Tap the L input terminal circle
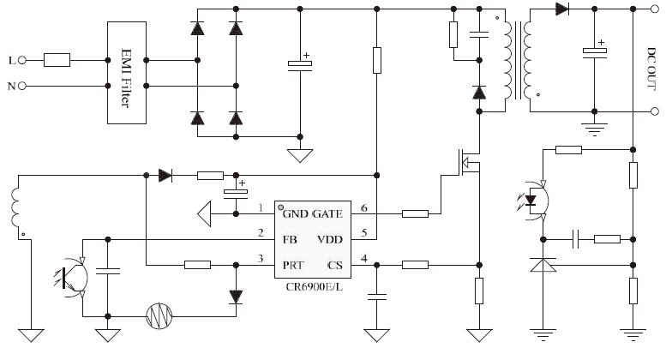click(22, 60)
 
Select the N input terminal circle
click(22, 86)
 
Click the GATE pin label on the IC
click(327, 214)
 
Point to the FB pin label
click(290, 240)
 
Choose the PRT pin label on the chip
click(293, 266)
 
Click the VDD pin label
click(330, 240)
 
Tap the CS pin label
click(335, 266)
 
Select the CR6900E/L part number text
click(314, 287)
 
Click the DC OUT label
click(651, 69)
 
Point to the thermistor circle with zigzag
click(159, 316)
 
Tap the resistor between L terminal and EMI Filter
click(57, 60)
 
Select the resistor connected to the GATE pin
click(415, 213)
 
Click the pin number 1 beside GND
click(261, 208)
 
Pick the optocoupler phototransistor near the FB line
click(72, 278)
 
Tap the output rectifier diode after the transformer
click(562, 9)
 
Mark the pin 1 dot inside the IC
click(281, 207)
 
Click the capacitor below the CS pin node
click(377, 297)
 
